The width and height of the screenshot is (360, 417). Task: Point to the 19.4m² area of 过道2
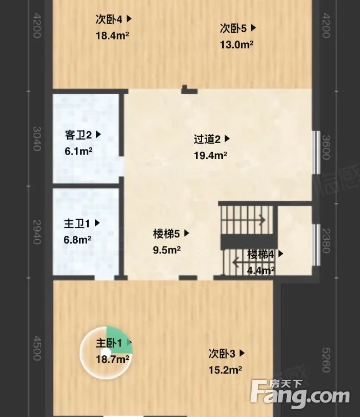[x=210, y=156]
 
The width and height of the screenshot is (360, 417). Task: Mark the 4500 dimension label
[x=37, y=348]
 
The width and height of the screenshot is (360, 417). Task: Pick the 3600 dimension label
[x=327, y=147]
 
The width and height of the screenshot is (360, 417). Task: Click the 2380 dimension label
[x=327, y=241]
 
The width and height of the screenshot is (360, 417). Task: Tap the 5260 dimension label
[x=327, y=359]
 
